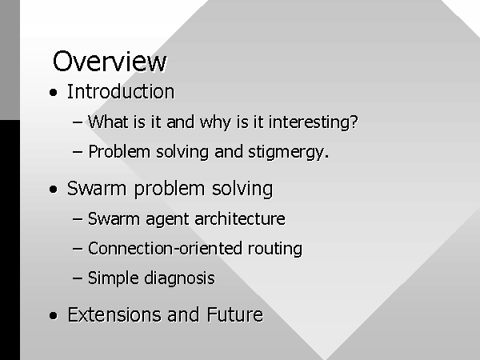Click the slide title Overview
110,62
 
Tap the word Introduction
121,91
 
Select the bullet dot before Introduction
54,93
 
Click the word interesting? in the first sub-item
313,122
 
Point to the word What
108,122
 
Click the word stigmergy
288,152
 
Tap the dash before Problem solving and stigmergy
78,152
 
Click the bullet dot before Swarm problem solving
54,189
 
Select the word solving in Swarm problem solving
242,189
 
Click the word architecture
240,219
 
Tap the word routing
275,249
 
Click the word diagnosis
179,278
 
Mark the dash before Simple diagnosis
78,278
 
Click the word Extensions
114,314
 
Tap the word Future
234,314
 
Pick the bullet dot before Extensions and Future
54,316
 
